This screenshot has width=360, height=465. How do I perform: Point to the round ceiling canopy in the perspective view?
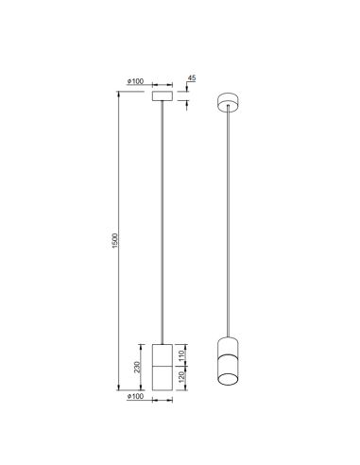(228, 100)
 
